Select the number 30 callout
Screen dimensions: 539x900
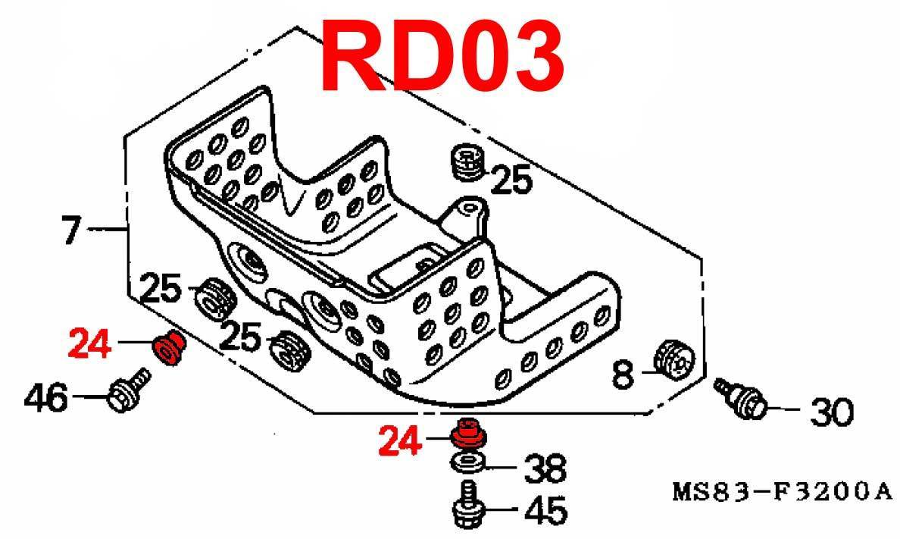(x=831, y=412)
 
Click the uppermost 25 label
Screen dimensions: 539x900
(x=513, y=180)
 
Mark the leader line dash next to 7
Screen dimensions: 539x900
(x=105, y=227)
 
